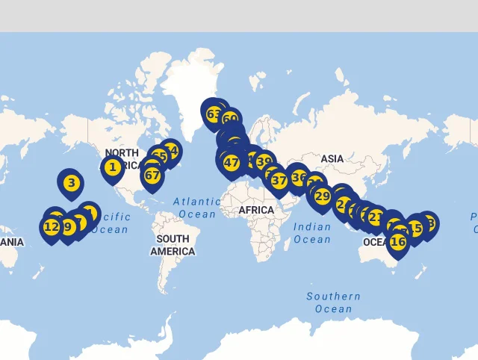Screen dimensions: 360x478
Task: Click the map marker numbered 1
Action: pos(112,167)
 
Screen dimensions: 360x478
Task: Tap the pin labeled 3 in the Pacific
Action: pos(71,182)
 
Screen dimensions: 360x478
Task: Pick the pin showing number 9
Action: pos(67,227)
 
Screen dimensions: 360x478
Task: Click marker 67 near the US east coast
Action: pos(152,176)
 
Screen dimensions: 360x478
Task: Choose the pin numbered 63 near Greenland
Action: pos(214,115)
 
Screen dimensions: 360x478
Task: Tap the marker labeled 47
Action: pos(232,163)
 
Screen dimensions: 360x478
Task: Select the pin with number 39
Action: pos(264,161)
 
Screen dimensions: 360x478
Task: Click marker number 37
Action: pos(279,180)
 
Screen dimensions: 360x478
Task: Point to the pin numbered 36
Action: pos(299,178)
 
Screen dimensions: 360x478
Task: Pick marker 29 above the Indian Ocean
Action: pos(322,196)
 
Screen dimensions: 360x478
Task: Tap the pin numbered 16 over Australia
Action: pos(398,242)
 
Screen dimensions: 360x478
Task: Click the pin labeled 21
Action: pos(376,218)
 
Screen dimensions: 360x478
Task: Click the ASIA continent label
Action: pos(332,158)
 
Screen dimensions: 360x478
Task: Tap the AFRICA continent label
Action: pos(256,211)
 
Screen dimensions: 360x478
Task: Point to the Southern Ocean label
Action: pos(333,302)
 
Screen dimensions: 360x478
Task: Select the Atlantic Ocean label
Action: pos(197,208)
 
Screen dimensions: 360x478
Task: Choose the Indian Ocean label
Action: pos(312,233)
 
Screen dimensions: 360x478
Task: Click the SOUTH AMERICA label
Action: pos(173,245)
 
